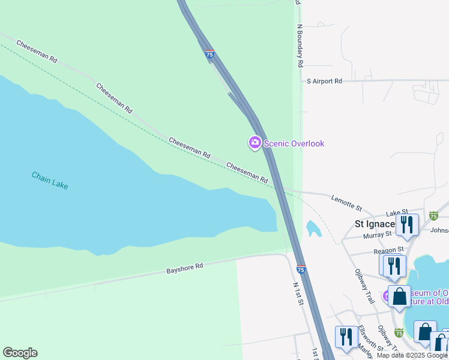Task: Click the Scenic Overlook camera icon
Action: coord(255,143)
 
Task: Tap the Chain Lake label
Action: coord(50,180)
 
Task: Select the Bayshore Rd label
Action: coord(184,268)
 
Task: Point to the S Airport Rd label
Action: coord(324,80)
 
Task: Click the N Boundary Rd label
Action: coord(299,46)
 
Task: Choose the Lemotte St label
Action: coord(347,203)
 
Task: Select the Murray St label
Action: coord(376,235)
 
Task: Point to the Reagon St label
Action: coord(388,250)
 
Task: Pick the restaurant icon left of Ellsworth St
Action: coord(345,337)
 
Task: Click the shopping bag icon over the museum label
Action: coord(399,296)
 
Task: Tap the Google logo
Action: coord(20,353)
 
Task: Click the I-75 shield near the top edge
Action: coord(209,54)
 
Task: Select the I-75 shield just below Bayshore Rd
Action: coord(301,270)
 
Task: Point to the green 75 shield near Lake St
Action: coord(434,216)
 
